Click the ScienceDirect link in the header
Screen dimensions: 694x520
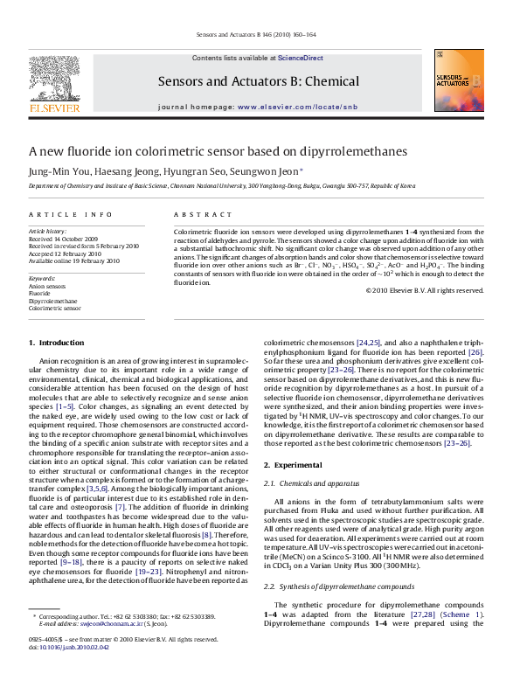(300, 58)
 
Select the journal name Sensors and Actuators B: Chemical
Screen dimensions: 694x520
(258, 81)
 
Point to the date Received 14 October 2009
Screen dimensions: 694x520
(64, 239)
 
